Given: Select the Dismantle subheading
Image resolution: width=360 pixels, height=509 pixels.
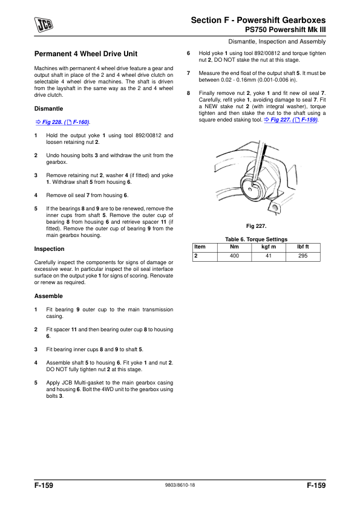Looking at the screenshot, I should tap(48, 109).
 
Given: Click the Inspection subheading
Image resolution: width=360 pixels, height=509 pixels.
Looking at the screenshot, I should tap(49, 248).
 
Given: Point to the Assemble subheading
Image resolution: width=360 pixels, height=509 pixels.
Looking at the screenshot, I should tap(48, 296).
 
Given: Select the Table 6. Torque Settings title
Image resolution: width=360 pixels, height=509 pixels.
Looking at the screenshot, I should tap(257, 239).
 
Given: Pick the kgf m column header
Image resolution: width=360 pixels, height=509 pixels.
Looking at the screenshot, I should tap(269, 247).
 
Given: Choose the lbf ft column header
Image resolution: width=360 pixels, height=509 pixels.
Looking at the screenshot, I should tap(303, 247).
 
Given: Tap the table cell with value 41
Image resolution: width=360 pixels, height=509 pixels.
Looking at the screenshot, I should tap(269, 256).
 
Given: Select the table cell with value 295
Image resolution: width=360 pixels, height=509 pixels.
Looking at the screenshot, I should tap(303, 256).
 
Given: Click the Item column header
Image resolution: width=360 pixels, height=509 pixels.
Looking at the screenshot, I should tap(200, 247).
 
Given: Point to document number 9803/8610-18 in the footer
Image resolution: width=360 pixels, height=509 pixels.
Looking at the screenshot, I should tap(180, 486).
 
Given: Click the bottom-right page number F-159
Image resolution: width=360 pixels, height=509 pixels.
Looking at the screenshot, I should tap(316, 485).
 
